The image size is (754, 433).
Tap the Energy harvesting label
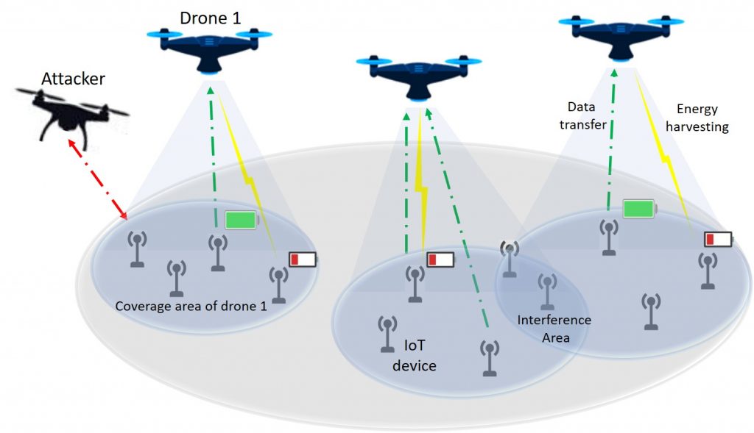701,117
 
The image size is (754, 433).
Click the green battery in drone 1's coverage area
241,219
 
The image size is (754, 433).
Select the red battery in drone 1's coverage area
302,260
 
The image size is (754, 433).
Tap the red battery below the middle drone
441,260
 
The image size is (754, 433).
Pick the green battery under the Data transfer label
639,209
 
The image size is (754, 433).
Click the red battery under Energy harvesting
718,240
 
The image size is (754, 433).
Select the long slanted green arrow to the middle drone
457,221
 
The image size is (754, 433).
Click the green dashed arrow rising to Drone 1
214,154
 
